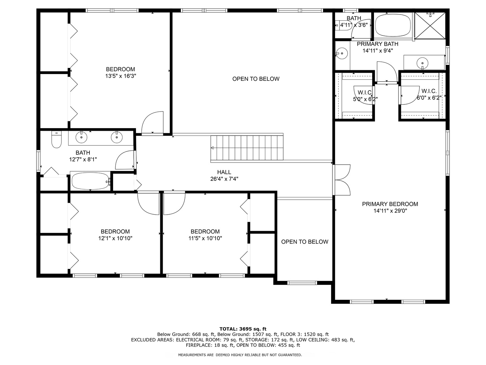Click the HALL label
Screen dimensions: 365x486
[224, 172]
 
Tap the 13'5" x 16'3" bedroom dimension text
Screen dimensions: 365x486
[120, 76]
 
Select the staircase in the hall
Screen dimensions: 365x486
[247, 148]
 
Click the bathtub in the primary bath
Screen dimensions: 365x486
[393, 25]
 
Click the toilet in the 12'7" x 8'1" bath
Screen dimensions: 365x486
[56, 140]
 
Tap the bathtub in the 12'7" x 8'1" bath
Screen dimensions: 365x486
[90, 181]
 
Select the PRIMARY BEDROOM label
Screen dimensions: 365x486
[390, 204]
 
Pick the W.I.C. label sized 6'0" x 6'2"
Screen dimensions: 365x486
[429, 91]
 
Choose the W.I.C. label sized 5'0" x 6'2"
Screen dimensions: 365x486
[364, 93]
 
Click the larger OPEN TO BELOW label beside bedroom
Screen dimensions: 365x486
[256, 79]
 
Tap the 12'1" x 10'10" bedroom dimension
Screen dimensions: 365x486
[115, 239]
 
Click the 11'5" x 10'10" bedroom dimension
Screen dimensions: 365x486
[205, 239]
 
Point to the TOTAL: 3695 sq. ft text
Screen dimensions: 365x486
[243, 329]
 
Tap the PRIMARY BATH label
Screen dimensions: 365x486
[377, 44]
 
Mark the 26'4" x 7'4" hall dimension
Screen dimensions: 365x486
[224, 179]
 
